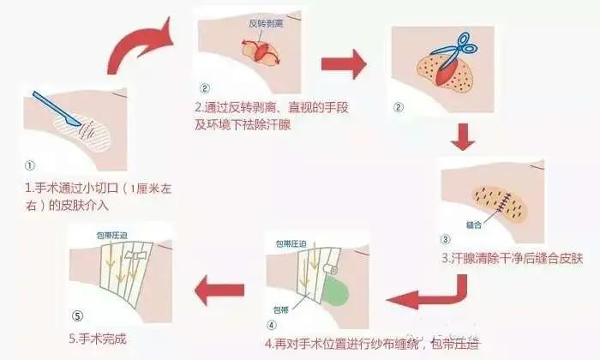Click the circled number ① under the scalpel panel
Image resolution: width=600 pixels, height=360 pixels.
coord(29,165)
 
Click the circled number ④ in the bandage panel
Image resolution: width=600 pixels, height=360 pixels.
coord(272,325)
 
